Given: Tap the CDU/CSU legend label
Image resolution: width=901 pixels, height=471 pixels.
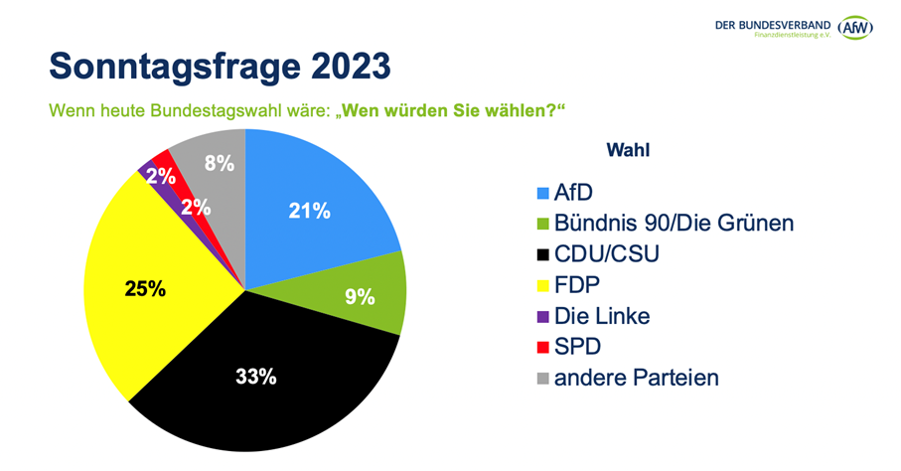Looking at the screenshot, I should click(x=606, y=254).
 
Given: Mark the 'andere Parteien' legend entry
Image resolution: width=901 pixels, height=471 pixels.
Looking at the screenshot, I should click(x=636, y=378).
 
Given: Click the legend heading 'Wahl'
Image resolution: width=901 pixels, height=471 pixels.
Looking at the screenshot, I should click(x=628, y=150).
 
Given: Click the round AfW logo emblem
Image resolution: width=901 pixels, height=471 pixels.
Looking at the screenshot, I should click(x=856, y=27).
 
